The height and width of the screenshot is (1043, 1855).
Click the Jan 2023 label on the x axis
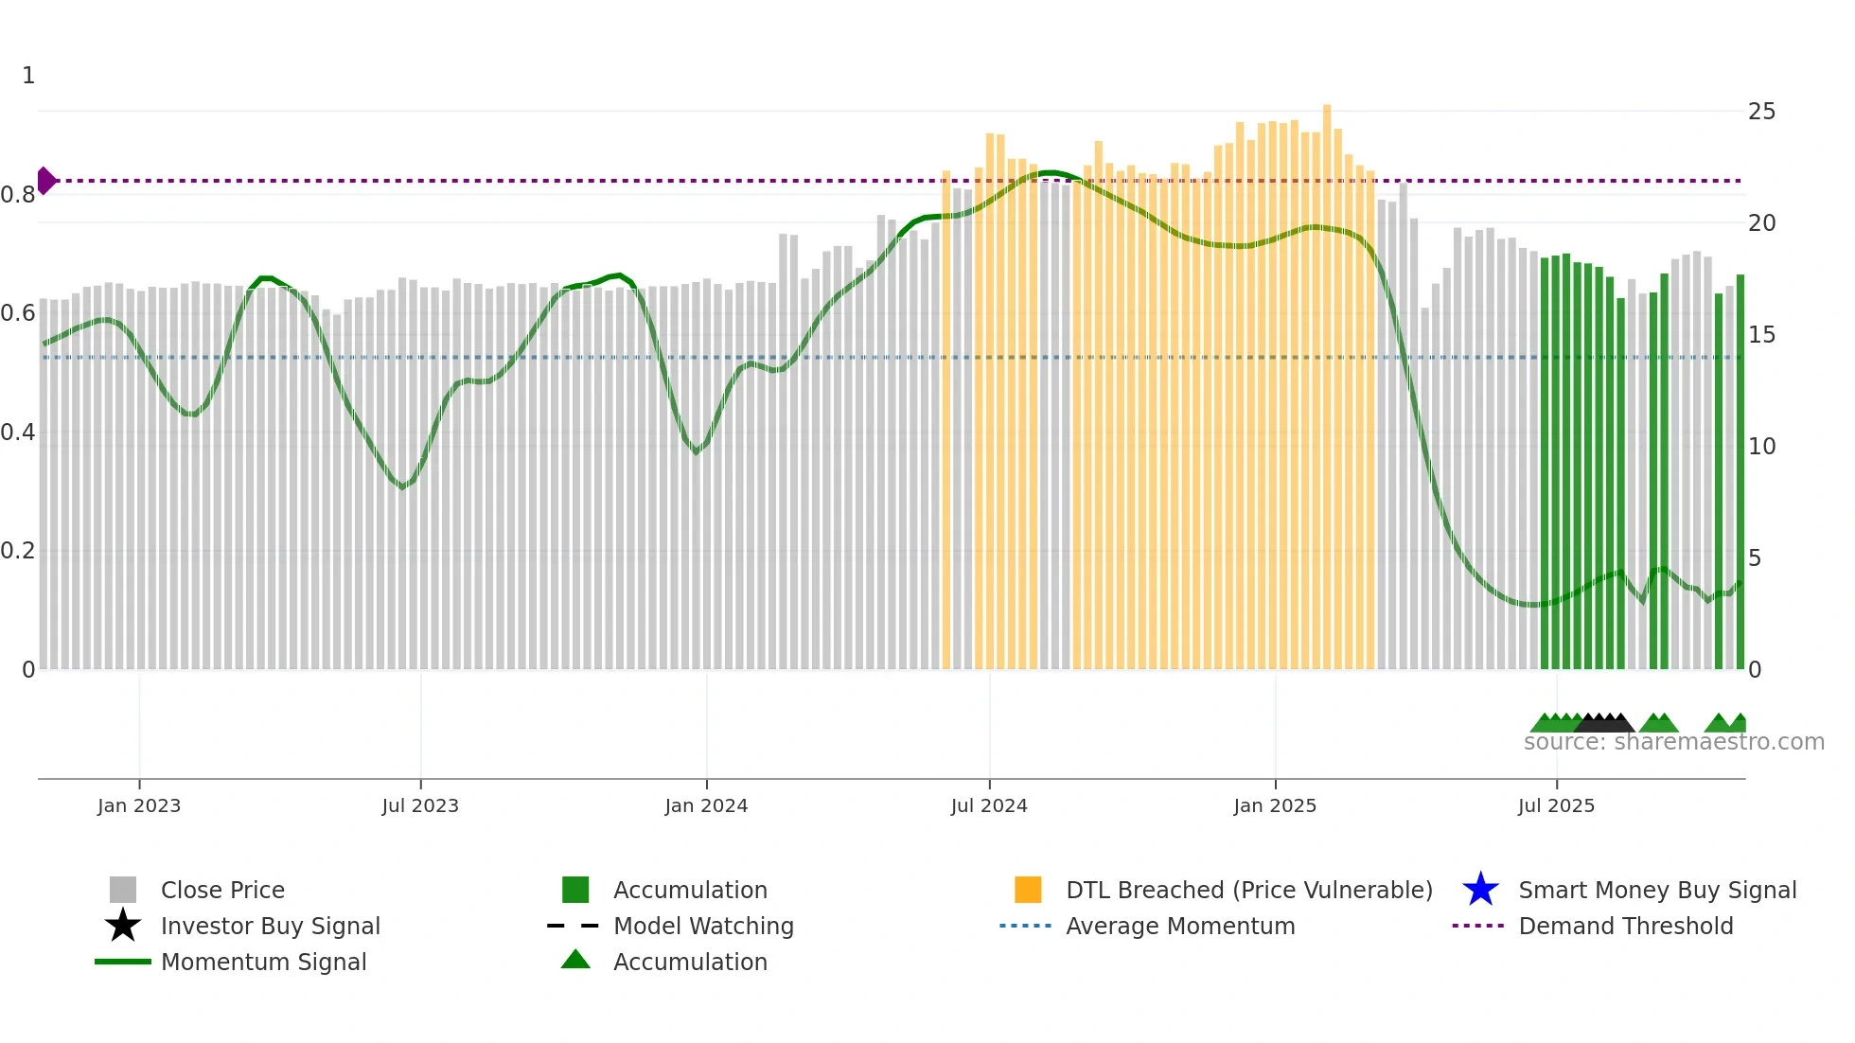[x=138, y=805]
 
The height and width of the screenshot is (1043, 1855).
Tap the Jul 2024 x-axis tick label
[x=989, y=805]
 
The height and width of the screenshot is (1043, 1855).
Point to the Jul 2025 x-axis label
[x=1556, y=805]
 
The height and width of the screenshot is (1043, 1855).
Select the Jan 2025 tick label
[x=1275, y=805]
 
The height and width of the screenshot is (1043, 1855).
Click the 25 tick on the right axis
[x=1761, y=112]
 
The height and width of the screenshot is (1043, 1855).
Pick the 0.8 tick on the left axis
[x=18, y=195]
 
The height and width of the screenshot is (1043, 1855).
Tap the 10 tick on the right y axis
[x=1761, y=447]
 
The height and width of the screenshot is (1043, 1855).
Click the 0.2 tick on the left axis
[x=18, y=551]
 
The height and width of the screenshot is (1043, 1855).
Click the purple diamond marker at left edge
[x=45, y=180]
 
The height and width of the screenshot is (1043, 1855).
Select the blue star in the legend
[x=1480, y=890]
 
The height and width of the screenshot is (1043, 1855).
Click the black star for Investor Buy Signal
[x=123, y=926]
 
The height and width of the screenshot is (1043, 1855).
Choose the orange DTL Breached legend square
[x=1028, y=890]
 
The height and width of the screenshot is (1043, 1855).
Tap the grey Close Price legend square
[x=123, y=890]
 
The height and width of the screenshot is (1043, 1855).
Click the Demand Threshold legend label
[x=1625, y=926]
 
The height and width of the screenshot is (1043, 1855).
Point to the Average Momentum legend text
[x=1180, y=926]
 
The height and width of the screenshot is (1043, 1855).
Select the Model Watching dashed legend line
[x=574, y=926]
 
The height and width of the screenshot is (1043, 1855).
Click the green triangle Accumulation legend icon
[x=575, y=960]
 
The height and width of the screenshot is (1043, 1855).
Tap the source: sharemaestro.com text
[x=1673, y=742]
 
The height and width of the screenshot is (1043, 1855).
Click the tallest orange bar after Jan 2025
[x=1327, y=379]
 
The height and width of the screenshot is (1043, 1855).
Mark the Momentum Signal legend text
[x=263, y=962]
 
